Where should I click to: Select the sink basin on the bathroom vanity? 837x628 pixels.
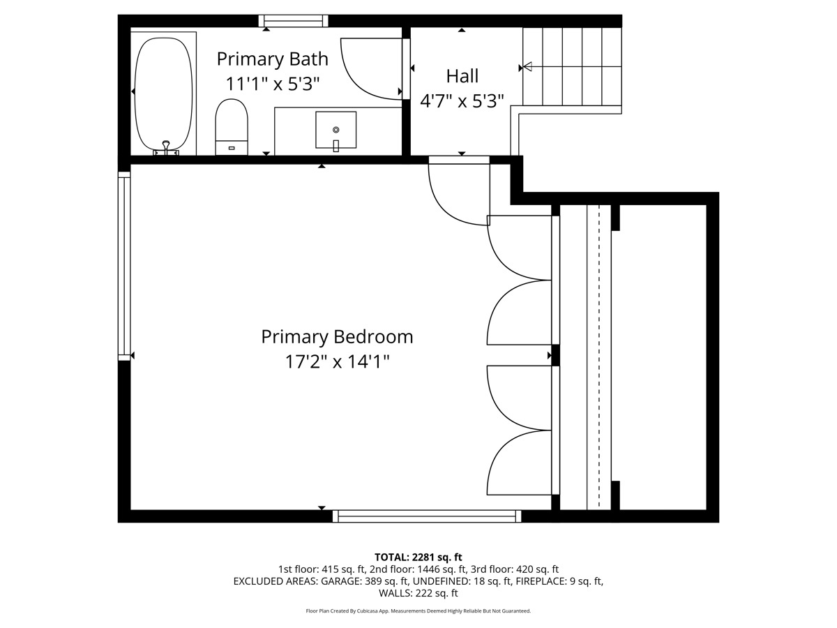tap(335, 130)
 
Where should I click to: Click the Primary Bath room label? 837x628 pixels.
tap(272, 59)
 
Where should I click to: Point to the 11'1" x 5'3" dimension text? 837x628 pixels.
tap(272, 84)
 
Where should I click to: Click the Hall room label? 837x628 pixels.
tap(462, 75)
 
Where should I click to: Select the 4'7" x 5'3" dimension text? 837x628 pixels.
tap(462, 101)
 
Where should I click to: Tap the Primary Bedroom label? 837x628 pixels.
tap(337, 337)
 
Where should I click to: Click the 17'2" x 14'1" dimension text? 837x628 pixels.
tap(337, 362)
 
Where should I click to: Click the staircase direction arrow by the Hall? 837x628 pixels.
tap(527, 67)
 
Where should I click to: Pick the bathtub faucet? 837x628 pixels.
tap(166, 147)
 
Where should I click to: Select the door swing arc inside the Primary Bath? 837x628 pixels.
tap(370, 70)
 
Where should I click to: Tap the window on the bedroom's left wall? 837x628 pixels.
tap(124, 265)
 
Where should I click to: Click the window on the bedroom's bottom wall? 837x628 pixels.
tap(427, 516)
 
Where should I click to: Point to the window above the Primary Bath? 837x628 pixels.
tap(293, 21)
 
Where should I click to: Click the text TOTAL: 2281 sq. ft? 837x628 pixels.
tap(418, 557)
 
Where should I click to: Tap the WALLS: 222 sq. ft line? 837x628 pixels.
tap(418, 593)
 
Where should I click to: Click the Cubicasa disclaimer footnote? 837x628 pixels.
tap(418, 611)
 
